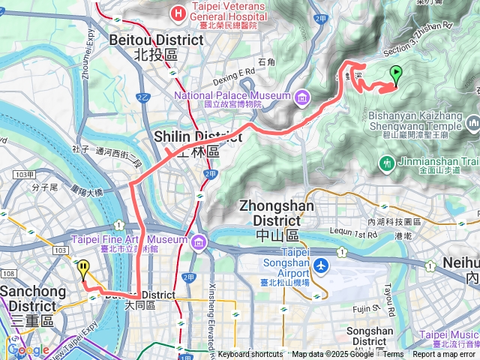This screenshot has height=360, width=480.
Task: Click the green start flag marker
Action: [x=396, y=74]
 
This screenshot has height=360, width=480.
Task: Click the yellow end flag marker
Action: [x=83, y=268]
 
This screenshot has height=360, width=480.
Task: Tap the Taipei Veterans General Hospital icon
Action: [x=178, y=12]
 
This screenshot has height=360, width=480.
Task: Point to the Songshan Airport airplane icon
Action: [x=320, y=265]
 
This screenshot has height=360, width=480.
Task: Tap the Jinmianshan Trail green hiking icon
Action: [x=387, y=162]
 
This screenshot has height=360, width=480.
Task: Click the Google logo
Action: [x=28, y=349]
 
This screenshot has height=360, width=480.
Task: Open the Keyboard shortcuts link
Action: [x=250, y=354]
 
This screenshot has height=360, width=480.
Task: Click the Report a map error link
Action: [x=443, y=354]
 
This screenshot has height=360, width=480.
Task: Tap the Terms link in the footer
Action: [x=393, y=354]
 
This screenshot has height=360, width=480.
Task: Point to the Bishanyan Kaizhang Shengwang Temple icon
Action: [x=473, y=122]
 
